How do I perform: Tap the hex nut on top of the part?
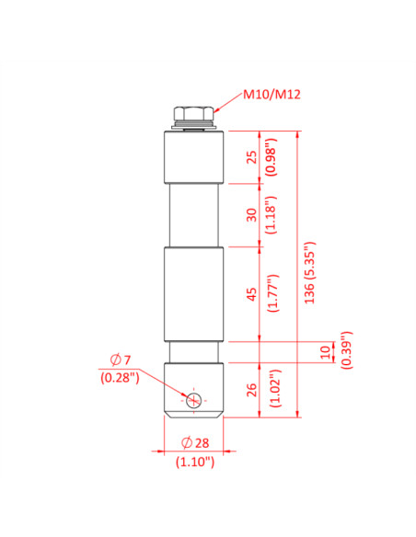point(194,115)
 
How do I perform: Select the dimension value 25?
point(250,156)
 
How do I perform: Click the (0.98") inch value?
point(270,156)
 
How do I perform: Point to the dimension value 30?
point(250,214)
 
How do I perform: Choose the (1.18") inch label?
point(270,214)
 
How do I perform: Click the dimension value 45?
point(250,294)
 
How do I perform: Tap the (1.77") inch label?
point(270,294)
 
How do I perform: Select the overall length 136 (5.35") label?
point(309,274)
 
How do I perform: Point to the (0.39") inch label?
point(345,350)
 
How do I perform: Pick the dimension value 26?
point(250,390)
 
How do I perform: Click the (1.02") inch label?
point(270,390)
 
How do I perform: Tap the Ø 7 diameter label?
point(121,359)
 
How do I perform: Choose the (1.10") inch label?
point(194,463)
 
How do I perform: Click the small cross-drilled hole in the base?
point(193,400)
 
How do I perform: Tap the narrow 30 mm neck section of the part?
point(194,214)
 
